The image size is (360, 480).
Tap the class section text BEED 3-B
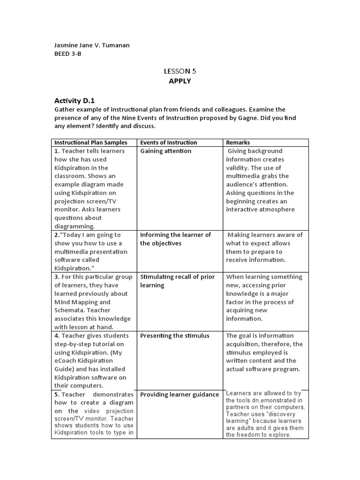pyautogui.click(x=68, y=54)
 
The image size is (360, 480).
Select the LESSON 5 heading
pyautogui.click(x=180, y=71)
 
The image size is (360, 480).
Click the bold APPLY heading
pyautogui.click(x=180, y=81)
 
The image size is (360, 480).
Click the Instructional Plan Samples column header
pyautogui.click(x=90, y=142)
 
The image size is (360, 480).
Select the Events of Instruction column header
pyautogui.click(x=168, y=142)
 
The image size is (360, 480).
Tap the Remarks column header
pyautogui.click(x=238, y=142)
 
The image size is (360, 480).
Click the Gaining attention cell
pyautogui.click(x=165, y=151)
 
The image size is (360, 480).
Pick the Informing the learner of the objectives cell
pyautogui.click(x=175, y=239)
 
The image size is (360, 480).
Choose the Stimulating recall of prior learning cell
pyautogui.click(x=177, y=281)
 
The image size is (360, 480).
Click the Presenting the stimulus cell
pyautogui.click(x=174, y=336)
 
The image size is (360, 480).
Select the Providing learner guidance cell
pyautogui.click(x=179, y=395)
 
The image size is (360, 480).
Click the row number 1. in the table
pyautogui.click(x=57, y=151)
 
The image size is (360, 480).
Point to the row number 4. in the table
pyautogui.click(x=57, y=336)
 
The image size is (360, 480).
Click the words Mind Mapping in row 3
pyautogui.click(x=74, y=302)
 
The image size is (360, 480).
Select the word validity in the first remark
pyautogui.click(x=238, y=168)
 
